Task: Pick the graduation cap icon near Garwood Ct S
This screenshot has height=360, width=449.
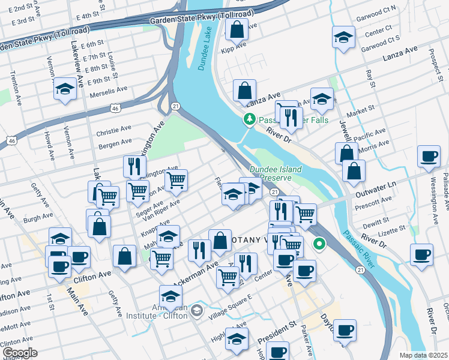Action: (x=344, y=38)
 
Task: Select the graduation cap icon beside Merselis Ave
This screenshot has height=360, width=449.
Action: (x=64, y=90)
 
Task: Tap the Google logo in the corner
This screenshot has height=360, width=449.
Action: (x=19, y=353)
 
